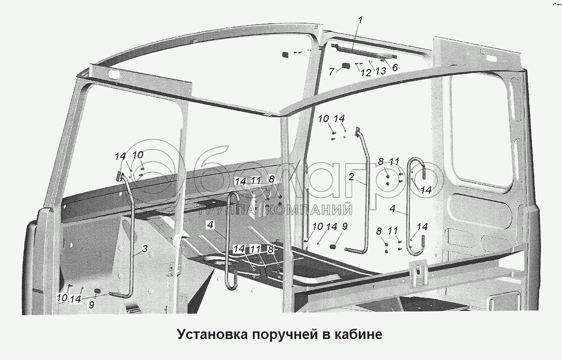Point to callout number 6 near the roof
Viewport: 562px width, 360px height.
(x=395, y=68)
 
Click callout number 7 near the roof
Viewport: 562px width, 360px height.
(x=332, y=72)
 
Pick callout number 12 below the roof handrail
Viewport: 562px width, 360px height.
(x=365, y=73)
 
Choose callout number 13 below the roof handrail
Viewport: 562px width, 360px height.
(x=380, y=71)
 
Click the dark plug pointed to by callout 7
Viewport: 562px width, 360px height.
(x=346, y=66)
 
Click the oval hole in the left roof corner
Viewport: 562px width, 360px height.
(x=114, y=75)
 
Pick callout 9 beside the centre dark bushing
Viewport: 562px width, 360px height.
(x=344, y=226)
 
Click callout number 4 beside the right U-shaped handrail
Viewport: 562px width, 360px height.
(x=392, y=209)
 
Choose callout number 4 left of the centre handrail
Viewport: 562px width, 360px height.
(x=210, y=224)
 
